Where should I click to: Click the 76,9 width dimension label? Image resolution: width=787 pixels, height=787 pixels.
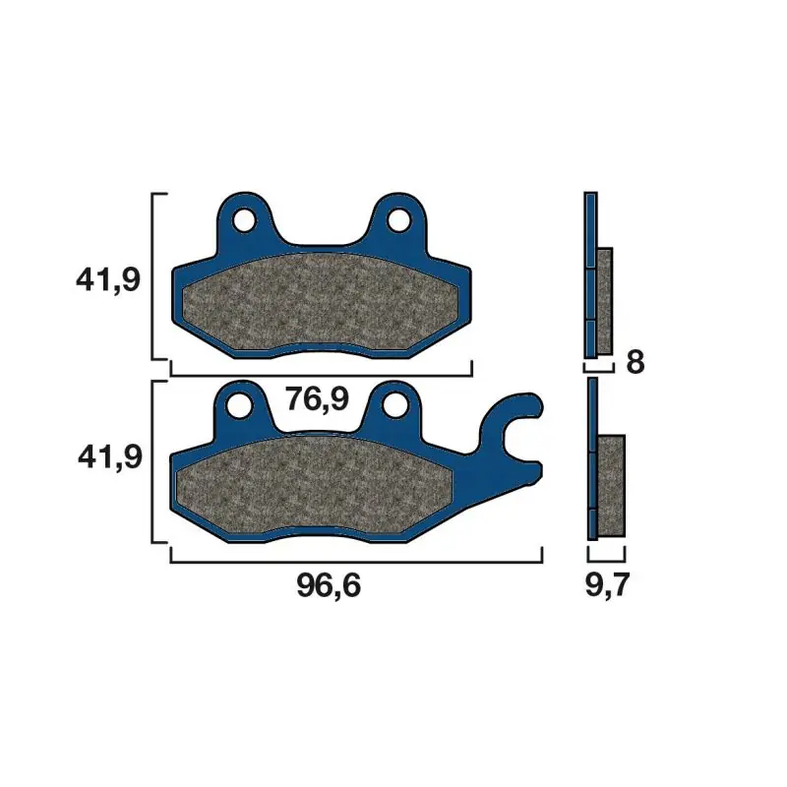click(317, 400)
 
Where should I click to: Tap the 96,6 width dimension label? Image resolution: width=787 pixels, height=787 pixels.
click(329, 585)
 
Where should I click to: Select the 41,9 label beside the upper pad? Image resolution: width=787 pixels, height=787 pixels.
click(108, 280)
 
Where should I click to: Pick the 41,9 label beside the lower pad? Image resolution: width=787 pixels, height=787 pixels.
click(110, 457)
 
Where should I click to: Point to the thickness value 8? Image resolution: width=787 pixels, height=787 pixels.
click(635, 362)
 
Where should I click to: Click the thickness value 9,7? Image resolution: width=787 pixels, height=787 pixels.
click(607, 585)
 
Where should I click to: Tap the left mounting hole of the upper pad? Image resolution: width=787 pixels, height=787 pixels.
click(244, 219)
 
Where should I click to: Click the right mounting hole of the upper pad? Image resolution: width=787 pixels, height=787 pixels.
click(399, 219)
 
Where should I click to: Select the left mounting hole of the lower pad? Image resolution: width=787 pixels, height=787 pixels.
click(239, 405)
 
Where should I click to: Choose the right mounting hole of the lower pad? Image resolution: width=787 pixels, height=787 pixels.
click(395, 405)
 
